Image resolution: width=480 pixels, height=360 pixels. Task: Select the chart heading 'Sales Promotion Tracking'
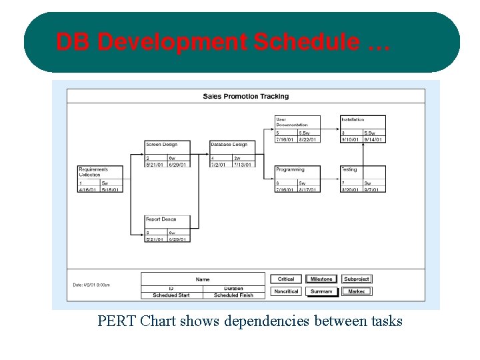click(x=246, y=96)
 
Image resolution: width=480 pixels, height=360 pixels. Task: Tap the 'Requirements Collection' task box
click(x=101, y=179)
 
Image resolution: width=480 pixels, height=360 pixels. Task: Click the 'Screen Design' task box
click(x=167, y=154)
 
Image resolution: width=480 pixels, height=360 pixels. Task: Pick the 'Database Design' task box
click(x=232, y=154)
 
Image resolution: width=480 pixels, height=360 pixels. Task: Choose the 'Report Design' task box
click(x=167, y=229)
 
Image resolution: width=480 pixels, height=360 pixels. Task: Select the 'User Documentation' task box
click(x=297, y=129)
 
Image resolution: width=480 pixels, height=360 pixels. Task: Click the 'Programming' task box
click(x=297, y=179)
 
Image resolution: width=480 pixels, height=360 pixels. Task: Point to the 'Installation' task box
click(x=363, y=129)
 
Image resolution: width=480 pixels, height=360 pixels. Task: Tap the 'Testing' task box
click(x=363, y=179)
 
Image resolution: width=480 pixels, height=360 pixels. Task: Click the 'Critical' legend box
click(x=286, y=279)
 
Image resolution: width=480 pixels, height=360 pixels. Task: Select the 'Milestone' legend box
click(x=321, y=279)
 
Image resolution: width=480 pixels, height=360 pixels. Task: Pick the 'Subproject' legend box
click(x=357, y=279)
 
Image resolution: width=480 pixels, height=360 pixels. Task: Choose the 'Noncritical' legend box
click(x=286, y=291)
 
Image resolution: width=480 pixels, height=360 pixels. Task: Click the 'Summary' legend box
click(x=321, y=291)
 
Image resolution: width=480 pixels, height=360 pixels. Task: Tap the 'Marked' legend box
click(x=357, y=291)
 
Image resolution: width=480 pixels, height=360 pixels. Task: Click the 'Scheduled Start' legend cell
click(x=171, y=295)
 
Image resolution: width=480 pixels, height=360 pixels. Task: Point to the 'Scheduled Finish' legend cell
click(x=233, y=295)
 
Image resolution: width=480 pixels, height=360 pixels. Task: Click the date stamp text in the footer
click(x=91, y=285)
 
